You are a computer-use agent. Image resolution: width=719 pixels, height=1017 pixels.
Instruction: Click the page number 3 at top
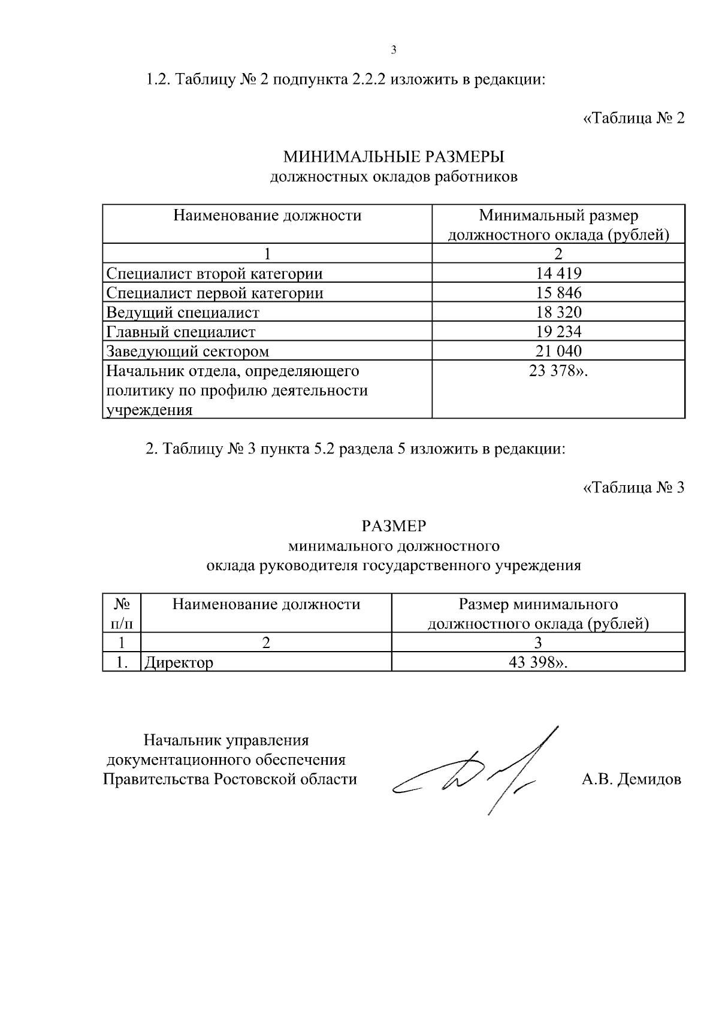[x=394, y=50]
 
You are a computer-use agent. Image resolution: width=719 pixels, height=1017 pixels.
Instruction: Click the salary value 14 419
[x=558, y=274]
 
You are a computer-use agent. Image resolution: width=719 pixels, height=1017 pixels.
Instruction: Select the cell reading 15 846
[x=558, y=293]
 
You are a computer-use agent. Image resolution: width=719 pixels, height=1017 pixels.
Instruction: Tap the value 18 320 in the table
[x=558, y=312]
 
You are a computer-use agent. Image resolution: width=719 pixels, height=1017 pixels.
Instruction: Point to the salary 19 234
[x=558, y=332]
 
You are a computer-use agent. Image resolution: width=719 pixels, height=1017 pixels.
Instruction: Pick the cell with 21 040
[x=558, y=351]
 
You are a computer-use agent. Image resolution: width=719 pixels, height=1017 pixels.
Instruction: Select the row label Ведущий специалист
[x=183, y=313]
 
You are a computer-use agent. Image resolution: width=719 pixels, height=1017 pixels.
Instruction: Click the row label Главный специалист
[x=181, y=332]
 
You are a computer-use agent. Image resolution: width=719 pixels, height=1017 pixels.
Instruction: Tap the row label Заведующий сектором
[x=188, y=351]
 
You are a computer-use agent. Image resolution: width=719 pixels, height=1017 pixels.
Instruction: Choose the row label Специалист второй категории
[x=215, y=274]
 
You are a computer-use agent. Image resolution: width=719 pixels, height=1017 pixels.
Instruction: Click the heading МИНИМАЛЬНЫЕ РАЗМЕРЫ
[x=394, y=158]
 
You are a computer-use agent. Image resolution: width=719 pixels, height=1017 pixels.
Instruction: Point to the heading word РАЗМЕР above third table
[x=394, y=526]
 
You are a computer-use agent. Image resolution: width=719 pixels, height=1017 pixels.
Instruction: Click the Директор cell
[x=178, y=662]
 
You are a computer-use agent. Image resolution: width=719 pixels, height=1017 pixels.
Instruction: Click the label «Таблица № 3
[x=633, y=488]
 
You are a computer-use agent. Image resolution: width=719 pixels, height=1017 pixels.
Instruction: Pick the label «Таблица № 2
[x=633, y=118]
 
